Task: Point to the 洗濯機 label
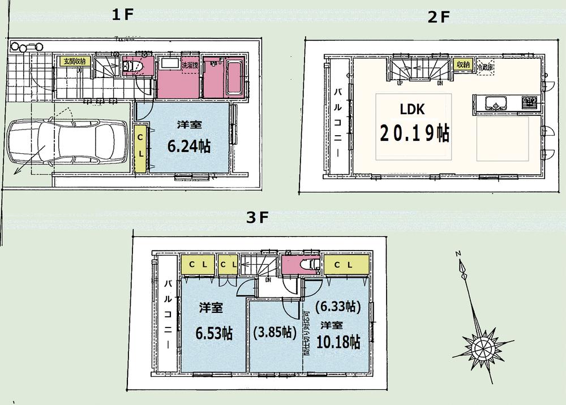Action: tap(188, 65)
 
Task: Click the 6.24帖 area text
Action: tap(188, 146)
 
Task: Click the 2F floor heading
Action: tap(438, 17)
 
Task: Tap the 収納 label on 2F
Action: tap(462, 64)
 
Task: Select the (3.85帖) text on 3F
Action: tap(275, 331)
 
